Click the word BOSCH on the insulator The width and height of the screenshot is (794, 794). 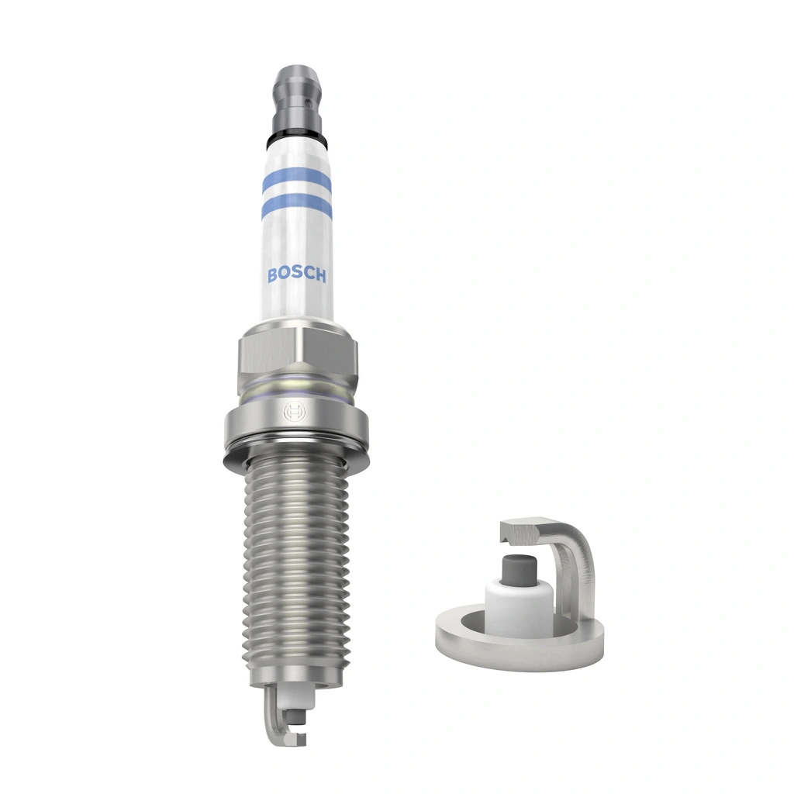296,275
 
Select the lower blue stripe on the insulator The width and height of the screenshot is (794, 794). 296,208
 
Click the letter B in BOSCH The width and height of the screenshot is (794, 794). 272,275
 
